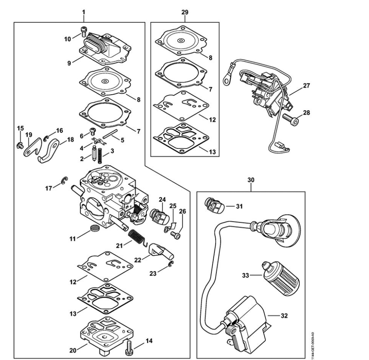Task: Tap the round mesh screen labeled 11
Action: [x=94, y=229]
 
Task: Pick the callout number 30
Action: [x=251, y=180]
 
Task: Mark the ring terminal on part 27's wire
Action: [x=226, y=80]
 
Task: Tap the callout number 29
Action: [x=185, y=12]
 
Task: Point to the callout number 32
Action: [x=285, y=316]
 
